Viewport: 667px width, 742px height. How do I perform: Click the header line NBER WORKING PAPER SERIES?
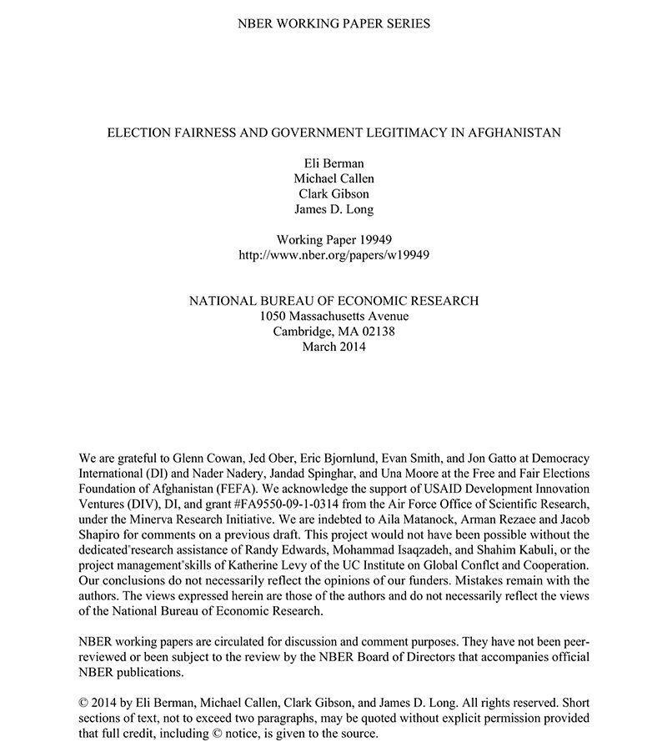click(x=333, y=23)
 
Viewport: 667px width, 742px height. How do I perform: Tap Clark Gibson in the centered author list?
click(x=333, y=194)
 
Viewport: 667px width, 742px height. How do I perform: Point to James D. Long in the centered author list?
click(x=333, y=209)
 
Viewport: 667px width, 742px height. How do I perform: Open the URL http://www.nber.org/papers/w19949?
click(x=333, y=254)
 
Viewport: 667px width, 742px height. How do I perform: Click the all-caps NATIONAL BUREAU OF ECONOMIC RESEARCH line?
click(x=333, y=301)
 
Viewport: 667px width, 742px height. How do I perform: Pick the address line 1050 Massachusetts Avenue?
click(x=333, y=316)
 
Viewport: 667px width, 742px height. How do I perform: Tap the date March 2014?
click(x=333, y=346)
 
